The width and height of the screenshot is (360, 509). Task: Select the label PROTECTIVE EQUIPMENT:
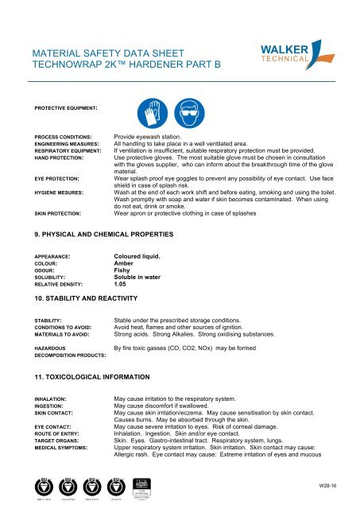tap(65, 107)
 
